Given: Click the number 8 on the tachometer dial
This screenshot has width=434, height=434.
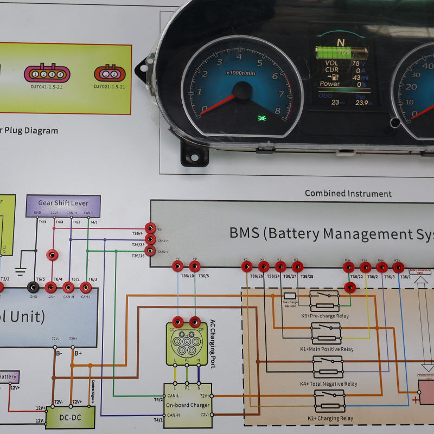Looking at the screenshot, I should coord(278,112).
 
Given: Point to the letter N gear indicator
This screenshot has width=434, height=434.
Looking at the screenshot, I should coord(340,42).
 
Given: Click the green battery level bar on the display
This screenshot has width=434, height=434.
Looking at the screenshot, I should coord(342,53).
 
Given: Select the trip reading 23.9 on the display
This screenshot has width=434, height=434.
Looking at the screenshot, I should coord(361,103).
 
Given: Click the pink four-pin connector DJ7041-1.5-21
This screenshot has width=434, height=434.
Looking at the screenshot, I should coord(47,73).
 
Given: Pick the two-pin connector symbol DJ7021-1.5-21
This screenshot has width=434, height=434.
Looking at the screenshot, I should coord(110,74).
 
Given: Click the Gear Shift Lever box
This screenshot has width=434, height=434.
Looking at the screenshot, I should coord(63,203).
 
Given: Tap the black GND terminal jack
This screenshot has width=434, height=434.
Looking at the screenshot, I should coord(33,288).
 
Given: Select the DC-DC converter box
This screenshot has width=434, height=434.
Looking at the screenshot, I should coord(70,417).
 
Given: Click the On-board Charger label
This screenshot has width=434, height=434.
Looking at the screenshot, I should coord(187,405).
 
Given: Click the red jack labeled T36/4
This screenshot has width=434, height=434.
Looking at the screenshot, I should coord(150,228).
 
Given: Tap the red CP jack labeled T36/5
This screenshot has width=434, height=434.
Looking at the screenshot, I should coord(194,266).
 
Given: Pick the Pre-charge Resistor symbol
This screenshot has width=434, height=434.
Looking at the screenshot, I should coord(290,296).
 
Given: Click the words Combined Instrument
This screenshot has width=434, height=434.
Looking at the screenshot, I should coord(348,193).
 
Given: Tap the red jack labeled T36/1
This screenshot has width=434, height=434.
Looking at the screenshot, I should coord(398,267).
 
